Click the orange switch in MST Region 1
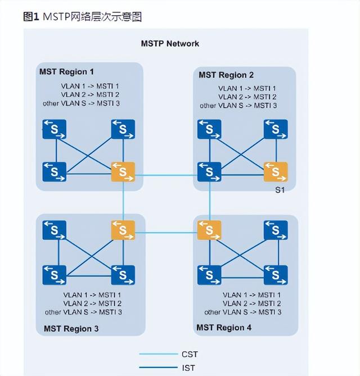(x=123, y=172)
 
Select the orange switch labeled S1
(x=276, y=172)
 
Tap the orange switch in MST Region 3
(x=123, y=230)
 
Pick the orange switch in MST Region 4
(x=209, y=230)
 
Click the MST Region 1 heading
(x=66, y=72)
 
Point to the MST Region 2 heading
(x=226, y=75)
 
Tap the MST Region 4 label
(x=224, y=327)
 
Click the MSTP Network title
(x=170, y=43)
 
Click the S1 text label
(x=280, y=191)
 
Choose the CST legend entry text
(x=190, y=354)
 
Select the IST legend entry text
(x=189, y=368)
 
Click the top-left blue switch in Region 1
(x=55, y=129)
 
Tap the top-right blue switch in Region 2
(x=276, y=129)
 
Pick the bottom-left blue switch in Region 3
(x=55, y=275)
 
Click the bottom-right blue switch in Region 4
(x=276, y=275)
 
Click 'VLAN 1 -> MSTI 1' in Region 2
(x=247, y=88)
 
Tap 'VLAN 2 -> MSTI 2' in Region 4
(x=251, y=303)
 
